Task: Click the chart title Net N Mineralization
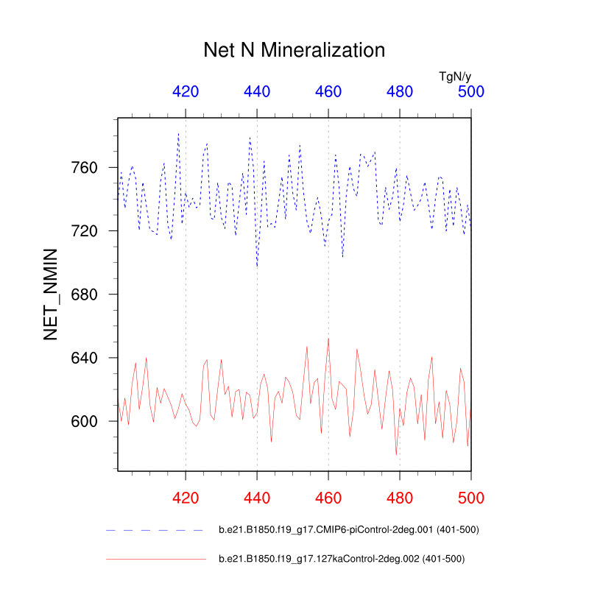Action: (294, 51)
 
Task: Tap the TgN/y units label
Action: (455, 76)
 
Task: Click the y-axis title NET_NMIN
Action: (51, 294)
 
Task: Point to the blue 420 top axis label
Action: (186, 92)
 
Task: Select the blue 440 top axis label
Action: (257, 92)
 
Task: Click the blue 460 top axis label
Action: (328, 92)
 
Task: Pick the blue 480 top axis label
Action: (400, 92)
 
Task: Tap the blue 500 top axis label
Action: (471, 92)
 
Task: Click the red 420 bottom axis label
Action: (186, 498)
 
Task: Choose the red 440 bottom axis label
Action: (257, 498)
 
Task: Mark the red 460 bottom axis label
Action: (328, 498)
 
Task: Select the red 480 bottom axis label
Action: (400, 498)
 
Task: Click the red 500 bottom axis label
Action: (471, 498)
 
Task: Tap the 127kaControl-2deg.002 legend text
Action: (342, 560)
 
